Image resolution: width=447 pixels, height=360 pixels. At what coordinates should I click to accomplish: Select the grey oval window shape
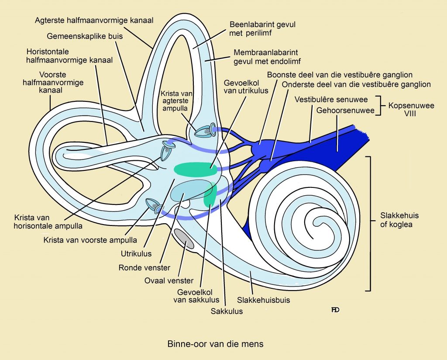[x=185, y=239]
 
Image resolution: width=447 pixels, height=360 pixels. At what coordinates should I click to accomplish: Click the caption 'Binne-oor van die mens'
[x=215, y=344]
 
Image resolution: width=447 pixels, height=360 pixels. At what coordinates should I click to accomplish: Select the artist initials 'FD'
[x=335, y=310]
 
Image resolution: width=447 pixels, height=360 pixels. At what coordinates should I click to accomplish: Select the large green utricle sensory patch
[x=195, y=169]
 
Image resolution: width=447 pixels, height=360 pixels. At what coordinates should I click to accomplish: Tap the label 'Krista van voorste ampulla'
[x=90, y=239]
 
